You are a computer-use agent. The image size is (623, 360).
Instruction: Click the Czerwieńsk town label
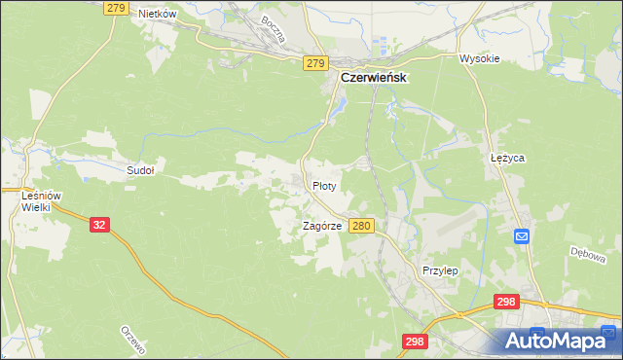(373, 79)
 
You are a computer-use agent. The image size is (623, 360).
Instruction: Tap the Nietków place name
(157, 14)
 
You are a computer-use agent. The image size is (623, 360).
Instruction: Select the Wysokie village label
(479, 58)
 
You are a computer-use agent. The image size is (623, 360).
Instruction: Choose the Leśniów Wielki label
(42, 201)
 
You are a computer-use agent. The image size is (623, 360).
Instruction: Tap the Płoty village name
(324, 185)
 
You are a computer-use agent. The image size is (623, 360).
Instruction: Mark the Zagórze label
(321, 226)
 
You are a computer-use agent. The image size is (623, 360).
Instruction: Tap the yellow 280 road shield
(361, 226)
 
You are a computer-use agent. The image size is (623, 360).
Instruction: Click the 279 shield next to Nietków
(116, 8)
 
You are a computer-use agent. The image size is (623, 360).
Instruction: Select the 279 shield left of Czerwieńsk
(313, 63)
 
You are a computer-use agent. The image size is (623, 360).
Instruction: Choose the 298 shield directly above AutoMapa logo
(505, 303)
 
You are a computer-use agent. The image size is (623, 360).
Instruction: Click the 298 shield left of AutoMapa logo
(415, 341)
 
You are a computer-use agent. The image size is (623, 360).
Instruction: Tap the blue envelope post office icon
(521, 235)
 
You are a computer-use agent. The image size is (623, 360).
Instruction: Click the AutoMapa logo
(559, 341)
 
